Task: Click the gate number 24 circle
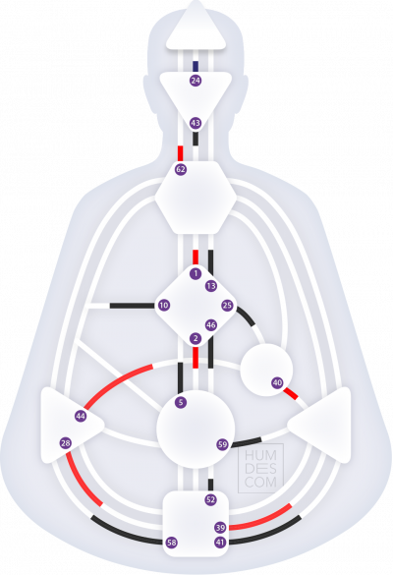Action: [x=196, y=81]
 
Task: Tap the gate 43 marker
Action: [x=196, y=123]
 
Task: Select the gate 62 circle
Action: [x=181, y=169]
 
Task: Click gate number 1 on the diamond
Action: [x=196, y=273]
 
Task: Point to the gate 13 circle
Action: [x=211, y=286]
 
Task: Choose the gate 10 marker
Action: [x=164, y=305]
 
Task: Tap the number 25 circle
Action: [x=227, y=305]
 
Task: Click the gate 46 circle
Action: [x=211, y=325]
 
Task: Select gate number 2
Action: [x=196, y=338]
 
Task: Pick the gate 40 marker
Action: [x=277, y=383]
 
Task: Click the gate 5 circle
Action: [x=181, y=402]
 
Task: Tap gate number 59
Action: [x=222, y=445]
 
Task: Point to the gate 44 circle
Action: [x=81, y=416]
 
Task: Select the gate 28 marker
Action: [x=66, y=443]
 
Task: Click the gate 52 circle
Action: [x=210, y=500]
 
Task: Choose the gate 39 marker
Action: [x=220, y=528]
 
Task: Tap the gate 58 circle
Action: [x=172, y=543]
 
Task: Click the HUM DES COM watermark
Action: [x=260, y=469]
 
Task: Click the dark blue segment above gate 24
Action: [x=196, y=67]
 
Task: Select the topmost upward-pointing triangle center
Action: [x=196, y=29]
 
